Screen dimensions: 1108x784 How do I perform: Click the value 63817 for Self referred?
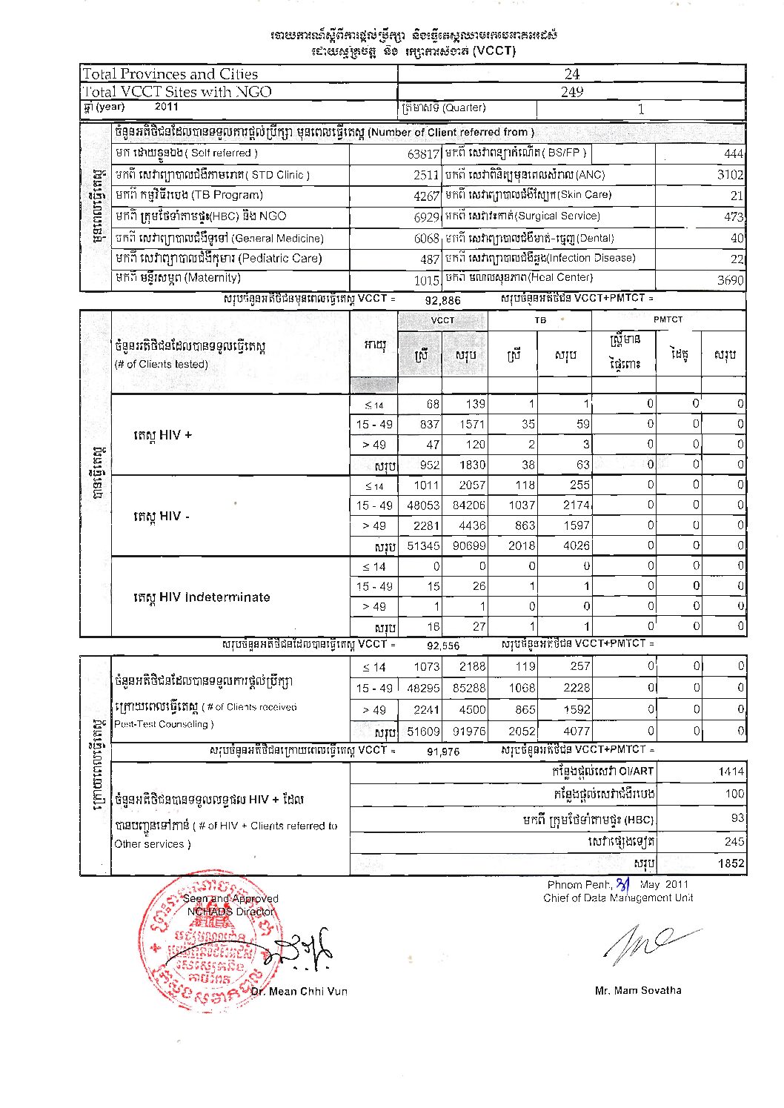point(423,154)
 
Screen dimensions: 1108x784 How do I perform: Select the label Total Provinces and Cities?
point(170,74)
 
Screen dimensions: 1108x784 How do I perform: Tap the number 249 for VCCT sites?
point(571,92)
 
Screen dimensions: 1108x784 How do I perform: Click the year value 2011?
point(166,107)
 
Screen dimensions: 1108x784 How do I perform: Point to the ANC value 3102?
point(730,175)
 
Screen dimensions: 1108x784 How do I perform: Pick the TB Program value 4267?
point(427,196)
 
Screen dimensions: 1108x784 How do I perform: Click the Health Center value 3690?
point(730,279)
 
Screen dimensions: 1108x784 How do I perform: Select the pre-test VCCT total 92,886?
point(442,300)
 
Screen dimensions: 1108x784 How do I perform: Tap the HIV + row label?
point(162,435)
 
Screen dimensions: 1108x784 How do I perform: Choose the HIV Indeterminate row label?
point(202,597)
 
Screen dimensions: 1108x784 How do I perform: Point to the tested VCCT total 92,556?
point(442,646)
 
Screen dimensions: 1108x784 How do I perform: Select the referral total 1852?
point(731,863)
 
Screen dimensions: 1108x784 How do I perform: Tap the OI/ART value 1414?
point(731,772)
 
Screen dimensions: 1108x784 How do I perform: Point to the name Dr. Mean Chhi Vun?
point(299,991)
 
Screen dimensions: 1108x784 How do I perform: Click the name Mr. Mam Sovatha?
point(638,990)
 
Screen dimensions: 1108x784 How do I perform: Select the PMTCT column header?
point(668,319)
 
